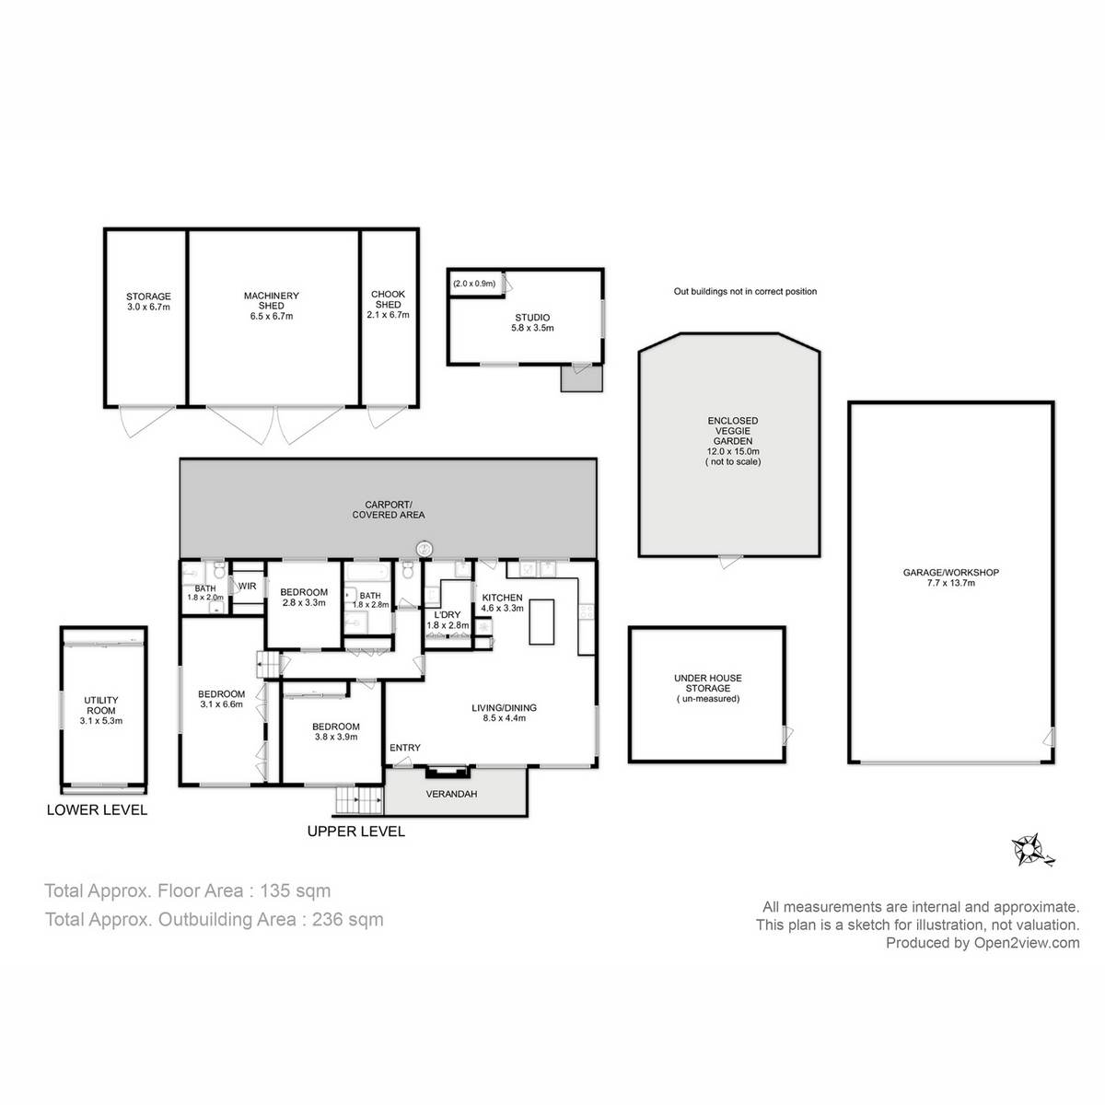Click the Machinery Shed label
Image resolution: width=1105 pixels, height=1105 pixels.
(272, 297)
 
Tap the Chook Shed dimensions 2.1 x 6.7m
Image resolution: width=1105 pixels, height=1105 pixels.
(388, 315)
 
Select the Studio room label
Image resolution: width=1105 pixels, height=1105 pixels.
(531, 318)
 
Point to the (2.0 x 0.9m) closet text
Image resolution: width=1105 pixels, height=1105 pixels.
(474, 284)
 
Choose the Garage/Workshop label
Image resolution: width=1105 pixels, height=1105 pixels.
(950, 573)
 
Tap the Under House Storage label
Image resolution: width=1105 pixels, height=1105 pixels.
(707, 683)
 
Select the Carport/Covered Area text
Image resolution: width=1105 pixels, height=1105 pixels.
(388, 510)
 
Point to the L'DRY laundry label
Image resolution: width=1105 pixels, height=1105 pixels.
(448, 614)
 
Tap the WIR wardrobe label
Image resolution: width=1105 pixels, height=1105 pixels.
(247, 586)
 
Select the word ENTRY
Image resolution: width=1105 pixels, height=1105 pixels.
(405, 748)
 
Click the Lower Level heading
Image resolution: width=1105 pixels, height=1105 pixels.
(97, 810)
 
